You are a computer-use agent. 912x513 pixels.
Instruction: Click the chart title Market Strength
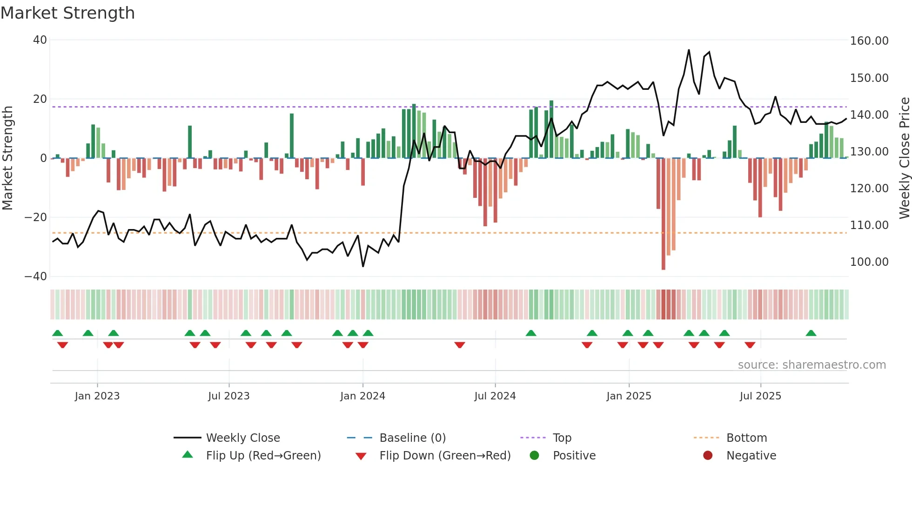coord(67,13)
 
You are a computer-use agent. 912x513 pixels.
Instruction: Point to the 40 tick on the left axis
coord(40,40)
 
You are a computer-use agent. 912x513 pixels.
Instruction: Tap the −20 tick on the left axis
coord(36,217)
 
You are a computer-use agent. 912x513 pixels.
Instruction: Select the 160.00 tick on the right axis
coord(869,41)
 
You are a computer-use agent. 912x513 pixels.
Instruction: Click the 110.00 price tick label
coord(869,225)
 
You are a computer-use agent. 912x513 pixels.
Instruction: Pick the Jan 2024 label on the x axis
coord(362,396)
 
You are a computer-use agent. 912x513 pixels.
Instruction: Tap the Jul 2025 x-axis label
coord(760,396)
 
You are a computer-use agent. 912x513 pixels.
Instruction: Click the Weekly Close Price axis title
coord(904,158)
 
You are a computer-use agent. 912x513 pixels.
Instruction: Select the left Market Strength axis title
coord(8,158)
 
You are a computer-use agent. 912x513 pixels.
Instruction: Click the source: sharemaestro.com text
coord(811,365)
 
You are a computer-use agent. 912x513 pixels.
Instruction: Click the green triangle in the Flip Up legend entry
coord(188,455)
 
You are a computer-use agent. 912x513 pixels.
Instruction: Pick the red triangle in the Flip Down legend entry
coord(361,456)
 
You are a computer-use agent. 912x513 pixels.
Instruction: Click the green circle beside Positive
coord(534,456)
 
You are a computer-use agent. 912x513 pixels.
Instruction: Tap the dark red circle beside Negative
coord(708,456)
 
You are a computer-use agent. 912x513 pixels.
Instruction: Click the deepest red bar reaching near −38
coord(663,214)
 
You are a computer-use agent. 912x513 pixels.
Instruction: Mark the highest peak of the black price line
coord(689,50)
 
